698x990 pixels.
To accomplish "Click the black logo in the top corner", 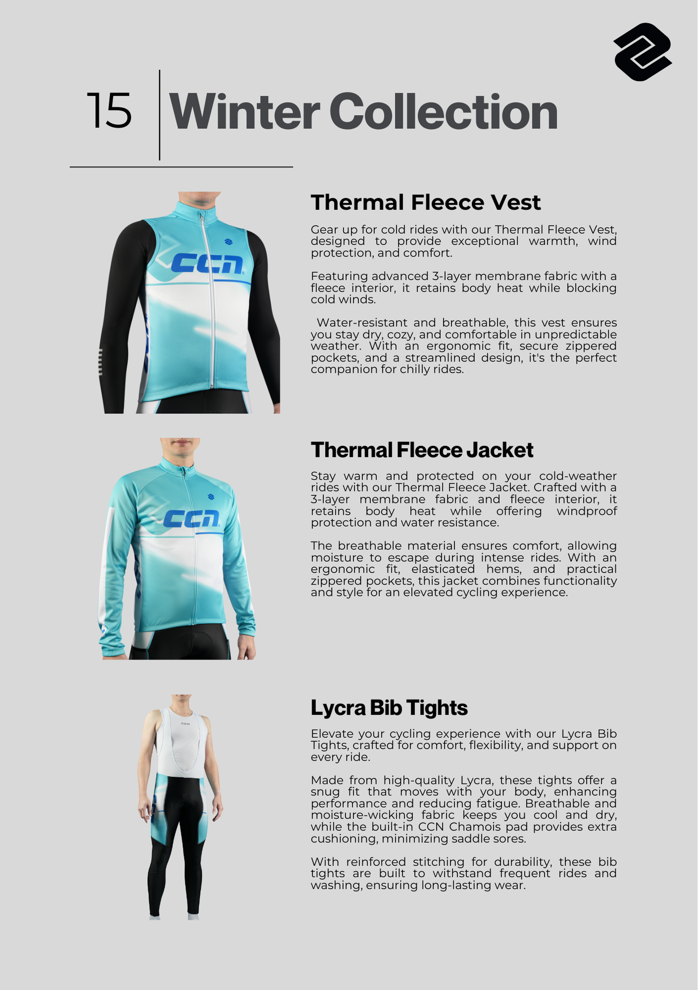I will coord(643,52).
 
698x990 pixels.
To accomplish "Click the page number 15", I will coord(109,111).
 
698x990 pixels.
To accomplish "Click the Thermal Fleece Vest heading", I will coord(426,202).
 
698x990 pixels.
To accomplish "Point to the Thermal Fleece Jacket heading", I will coord(422,450).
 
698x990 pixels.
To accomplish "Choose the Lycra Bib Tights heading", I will coord(389,708).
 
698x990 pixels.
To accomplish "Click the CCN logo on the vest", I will coord(207,264).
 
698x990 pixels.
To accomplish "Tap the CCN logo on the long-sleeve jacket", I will coord(191,518).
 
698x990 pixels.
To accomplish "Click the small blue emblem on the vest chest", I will coord(228,242).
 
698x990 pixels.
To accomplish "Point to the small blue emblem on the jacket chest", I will coord(211,496).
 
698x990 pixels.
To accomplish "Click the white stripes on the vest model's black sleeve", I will coord(101,362).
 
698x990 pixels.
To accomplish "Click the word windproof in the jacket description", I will coord(587,511).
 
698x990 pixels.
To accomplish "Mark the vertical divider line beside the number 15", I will coord(160,115).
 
